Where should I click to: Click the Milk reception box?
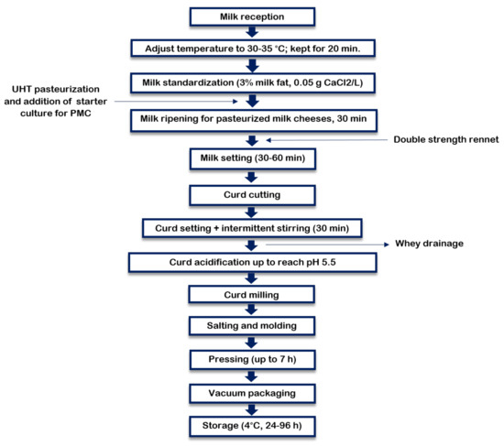tap(251, 16)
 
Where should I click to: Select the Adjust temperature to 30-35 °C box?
tap(251, 48)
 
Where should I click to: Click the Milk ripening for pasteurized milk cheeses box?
tap(251, 119)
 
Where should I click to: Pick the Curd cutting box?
tap(251, 194)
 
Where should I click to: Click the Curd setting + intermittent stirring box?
tap(251, 226)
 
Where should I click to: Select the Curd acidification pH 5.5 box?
tap(251, 262)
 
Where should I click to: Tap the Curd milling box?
tap(251, 294)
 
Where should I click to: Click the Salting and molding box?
tap(251, 326)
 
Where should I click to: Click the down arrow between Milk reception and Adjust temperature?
tap(251, 32)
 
